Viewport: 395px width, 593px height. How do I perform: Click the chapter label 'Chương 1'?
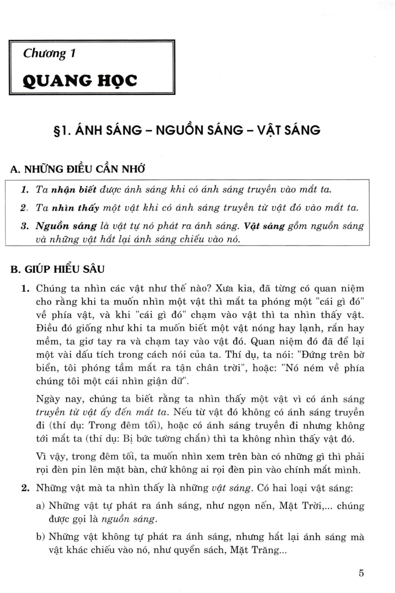coord(49,53)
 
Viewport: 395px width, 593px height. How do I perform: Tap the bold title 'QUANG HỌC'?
coord(80,81)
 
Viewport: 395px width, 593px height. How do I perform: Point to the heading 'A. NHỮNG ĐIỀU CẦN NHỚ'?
coord(77,169)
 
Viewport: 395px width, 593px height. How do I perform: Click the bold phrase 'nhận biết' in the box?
coord(74,189)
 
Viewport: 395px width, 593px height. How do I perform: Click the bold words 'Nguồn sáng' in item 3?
coord(66,226)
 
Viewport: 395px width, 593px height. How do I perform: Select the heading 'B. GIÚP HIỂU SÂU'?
coord(58,269)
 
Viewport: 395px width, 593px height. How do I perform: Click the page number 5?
coord(361,573)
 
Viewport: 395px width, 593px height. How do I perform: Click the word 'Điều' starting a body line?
coord(47,328)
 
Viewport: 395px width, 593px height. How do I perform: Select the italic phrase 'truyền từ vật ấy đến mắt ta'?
coord(102,412)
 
